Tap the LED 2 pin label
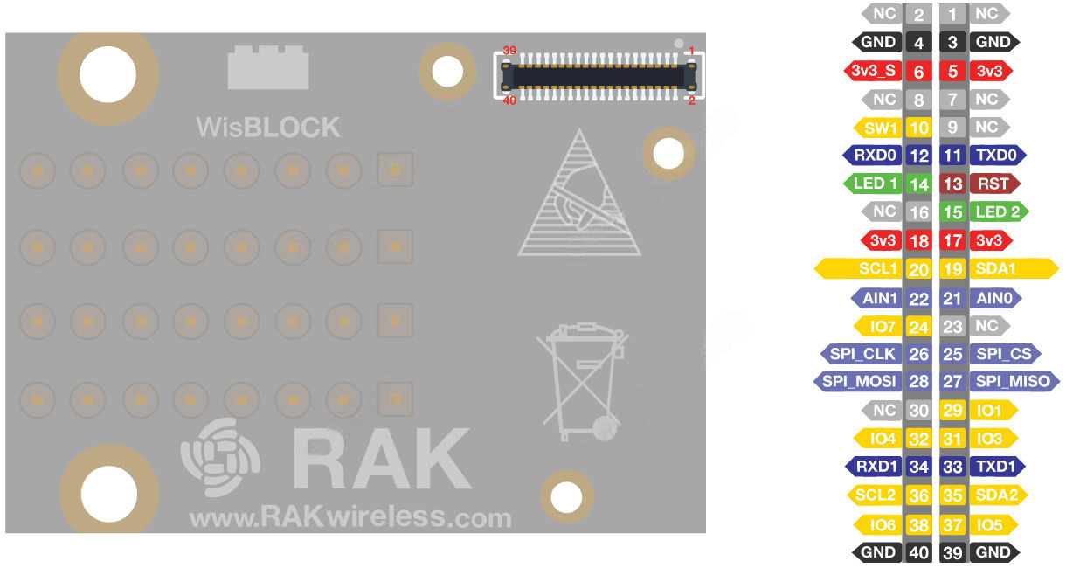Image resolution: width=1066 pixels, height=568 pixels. click(996, 211)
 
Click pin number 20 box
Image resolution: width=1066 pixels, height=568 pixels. click(918, 269)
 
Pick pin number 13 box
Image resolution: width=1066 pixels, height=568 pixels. click(952, 184)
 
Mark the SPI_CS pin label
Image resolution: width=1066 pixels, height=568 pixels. click(1002, 354)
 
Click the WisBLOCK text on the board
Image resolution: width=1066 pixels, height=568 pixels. click(268, 128)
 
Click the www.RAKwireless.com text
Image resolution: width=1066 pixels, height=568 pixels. click(350, 518)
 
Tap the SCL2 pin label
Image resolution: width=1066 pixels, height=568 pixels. click(876, 495)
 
